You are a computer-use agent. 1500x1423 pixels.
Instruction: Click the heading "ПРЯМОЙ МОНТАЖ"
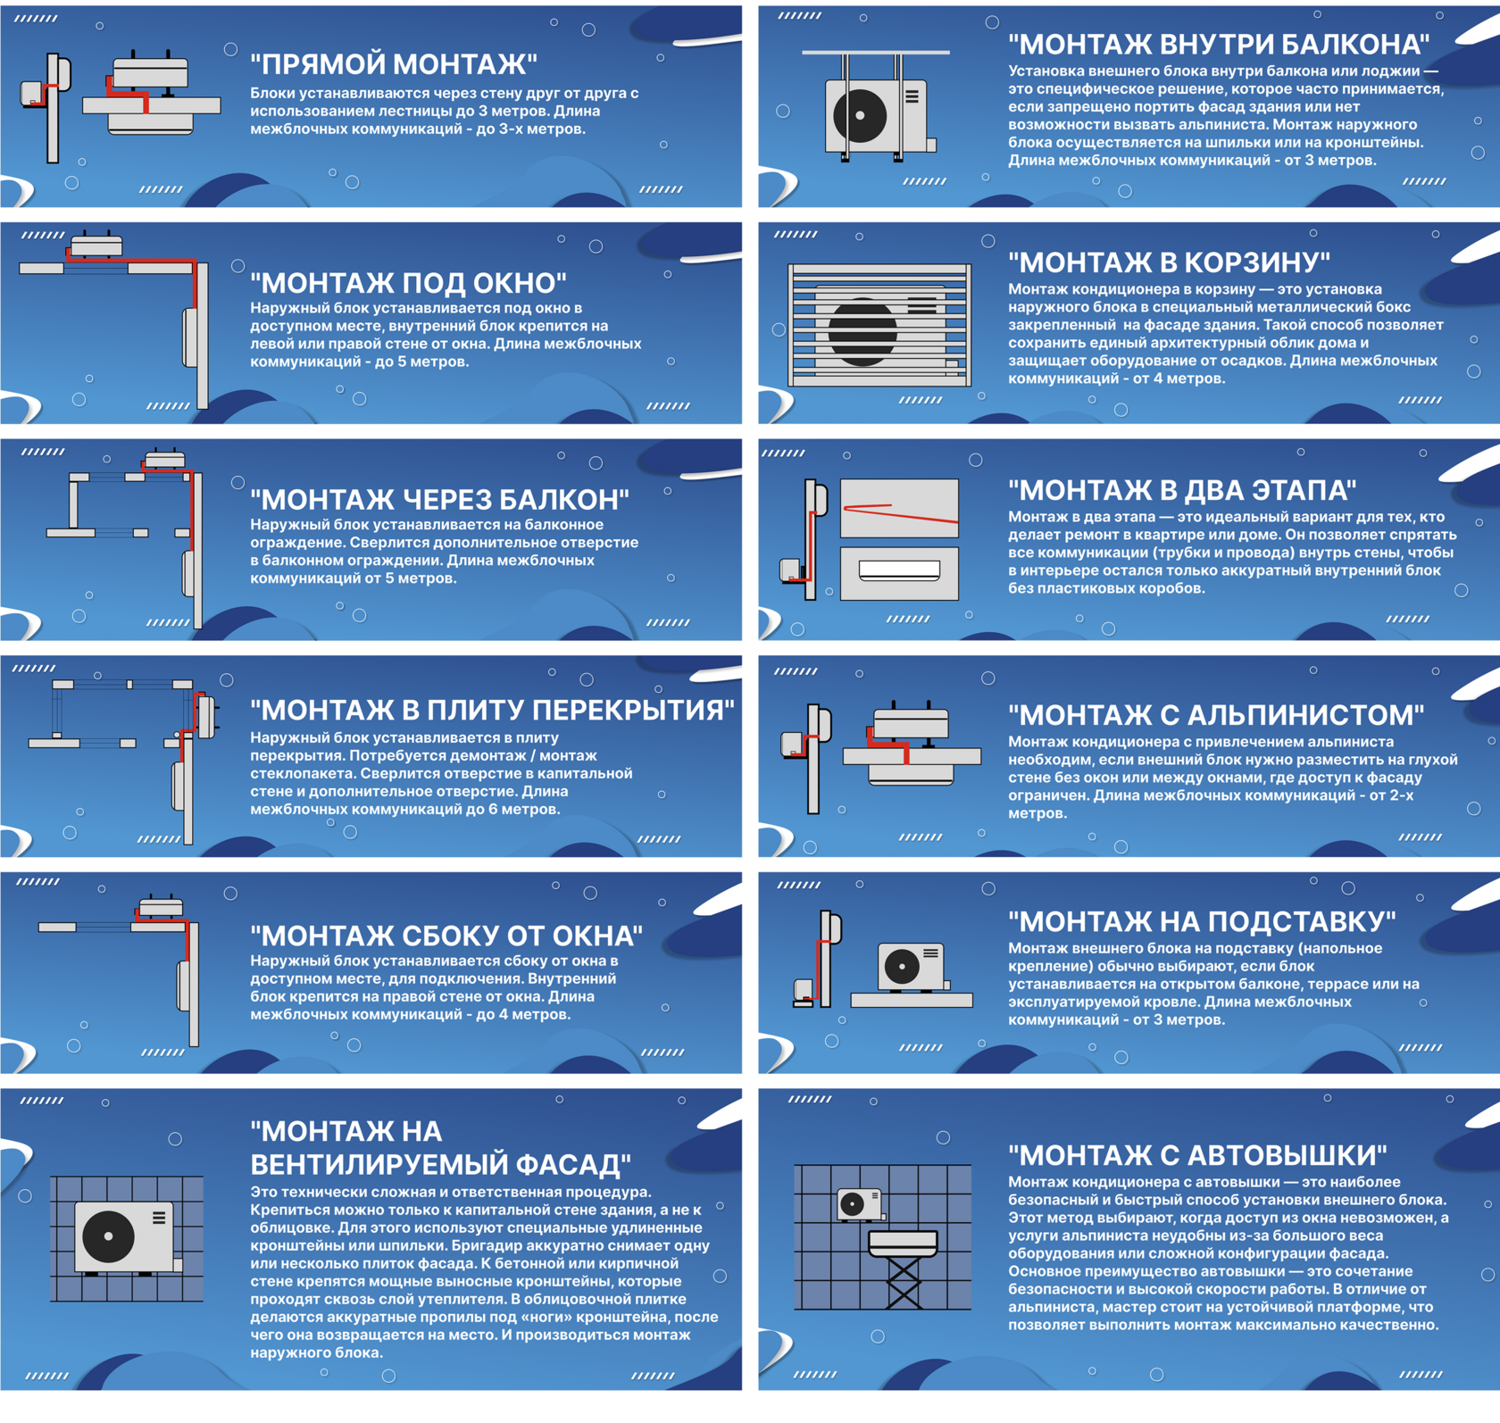click(x=394, y=64)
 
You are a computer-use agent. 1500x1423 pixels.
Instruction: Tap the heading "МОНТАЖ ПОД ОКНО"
click(x=408, y=283)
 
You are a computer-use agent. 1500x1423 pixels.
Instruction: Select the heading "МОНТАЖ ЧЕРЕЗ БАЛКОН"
click(x=439, y=500)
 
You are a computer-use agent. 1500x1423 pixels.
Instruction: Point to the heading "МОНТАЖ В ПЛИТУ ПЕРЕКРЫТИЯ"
click(x=492, y=710)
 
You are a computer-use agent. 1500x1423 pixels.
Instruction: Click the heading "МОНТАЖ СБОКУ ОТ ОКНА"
click(x=446, y=936)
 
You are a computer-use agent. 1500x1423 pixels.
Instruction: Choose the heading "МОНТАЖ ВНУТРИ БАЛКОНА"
click(x=1219, y=44)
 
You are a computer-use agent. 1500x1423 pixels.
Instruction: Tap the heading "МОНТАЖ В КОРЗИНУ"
click(x=1169, y=262)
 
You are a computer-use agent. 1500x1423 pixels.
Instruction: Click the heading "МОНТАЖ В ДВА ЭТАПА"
click(x=1182, y=490)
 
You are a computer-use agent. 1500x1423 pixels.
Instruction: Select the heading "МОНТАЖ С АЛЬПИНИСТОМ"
click(x=1216, y=715)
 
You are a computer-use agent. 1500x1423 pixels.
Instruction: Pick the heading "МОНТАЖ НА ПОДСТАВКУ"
click(x=1202, y=921)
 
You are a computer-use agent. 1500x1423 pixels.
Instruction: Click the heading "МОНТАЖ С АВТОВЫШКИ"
click(x=1197, y=1155)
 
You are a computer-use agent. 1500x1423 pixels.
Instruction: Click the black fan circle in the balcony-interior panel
click(x=860, y=115)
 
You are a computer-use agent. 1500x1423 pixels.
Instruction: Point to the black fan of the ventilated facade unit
click(x=109, y=1236)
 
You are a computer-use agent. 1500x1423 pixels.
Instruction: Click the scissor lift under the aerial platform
click(x=904, y=1283)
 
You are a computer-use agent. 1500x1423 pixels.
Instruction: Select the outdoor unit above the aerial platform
click(x=860, y=1204)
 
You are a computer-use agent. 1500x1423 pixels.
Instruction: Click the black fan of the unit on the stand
click(x=902, y=966)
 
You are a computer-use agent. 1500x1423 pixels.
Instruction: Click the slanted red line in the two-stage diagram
click(x=901, y=513)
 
